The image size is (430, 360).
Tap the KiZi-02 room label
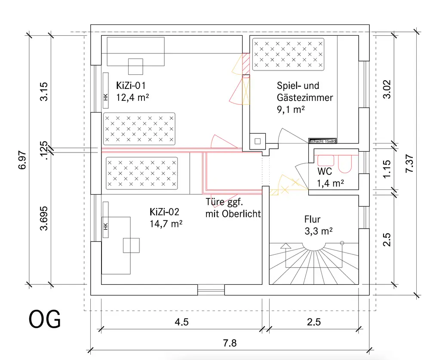[x=167, y=212]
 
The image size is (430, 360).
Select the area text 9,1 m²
[x=291, y=109]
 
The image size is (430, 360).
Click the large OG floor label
[x=45, y=320]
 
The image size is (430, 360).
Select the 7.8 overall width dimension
[x=230, y=343]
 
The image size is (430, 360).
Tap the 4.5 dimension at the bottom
[x=181, y=322]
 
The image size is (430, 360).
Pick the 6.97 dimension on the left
[x=22, y=160]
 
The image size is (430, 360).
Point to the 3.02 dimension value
[x=387, y=89]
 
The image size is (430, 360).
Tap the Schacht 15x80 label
[x=322, y=140]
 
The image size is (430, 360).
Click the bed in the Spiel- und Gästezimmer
[x=288, y=55]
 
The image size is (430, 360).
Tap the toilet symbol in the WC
[x=345, y=162]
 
